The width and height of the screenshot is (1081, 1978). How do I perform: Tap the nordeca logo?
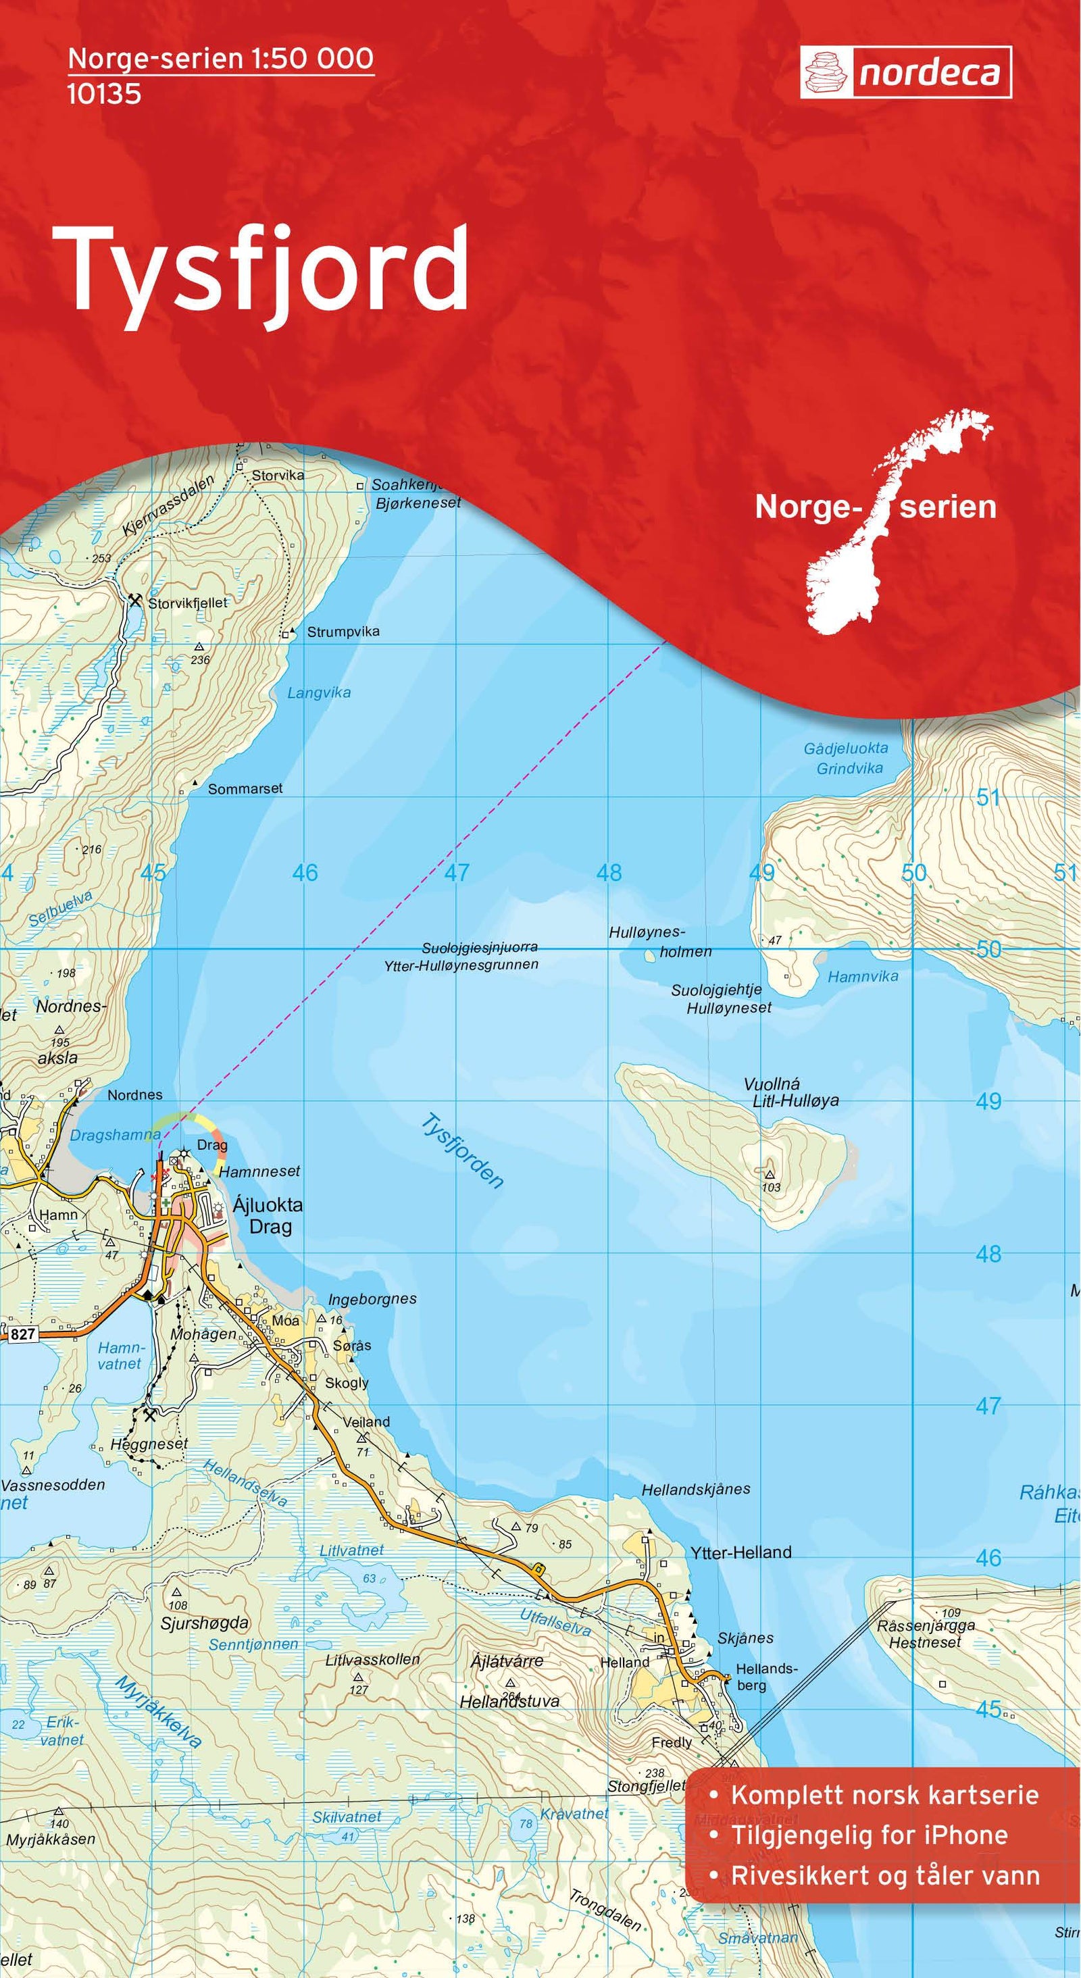906,72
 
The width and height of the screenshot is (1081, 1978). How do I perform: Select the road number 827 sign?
23,1334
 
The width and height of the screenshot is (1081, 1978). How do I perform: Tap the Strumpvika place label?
343,632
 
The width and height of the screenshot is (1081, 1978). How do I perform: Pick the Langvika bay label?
319,692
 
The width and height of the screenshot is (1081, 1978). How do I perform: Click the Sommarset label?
245,788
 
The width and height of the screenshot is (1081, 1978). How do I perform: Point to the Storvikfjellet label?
188,603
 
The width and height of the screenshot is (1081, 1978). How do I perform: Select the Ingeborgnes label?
372,1299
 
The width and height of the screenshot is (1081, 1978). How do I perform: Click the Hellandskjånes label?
696,1489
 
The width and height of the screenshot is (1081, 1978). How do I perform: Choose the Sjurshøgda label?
204,1623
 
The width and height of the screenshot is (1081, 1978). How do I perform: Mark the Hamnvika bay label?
862,978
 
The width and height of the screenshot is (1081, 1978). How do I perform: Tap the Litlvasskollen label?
372,1660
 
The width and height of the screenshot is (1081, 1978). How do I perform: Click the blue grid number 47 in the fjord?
457,872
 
